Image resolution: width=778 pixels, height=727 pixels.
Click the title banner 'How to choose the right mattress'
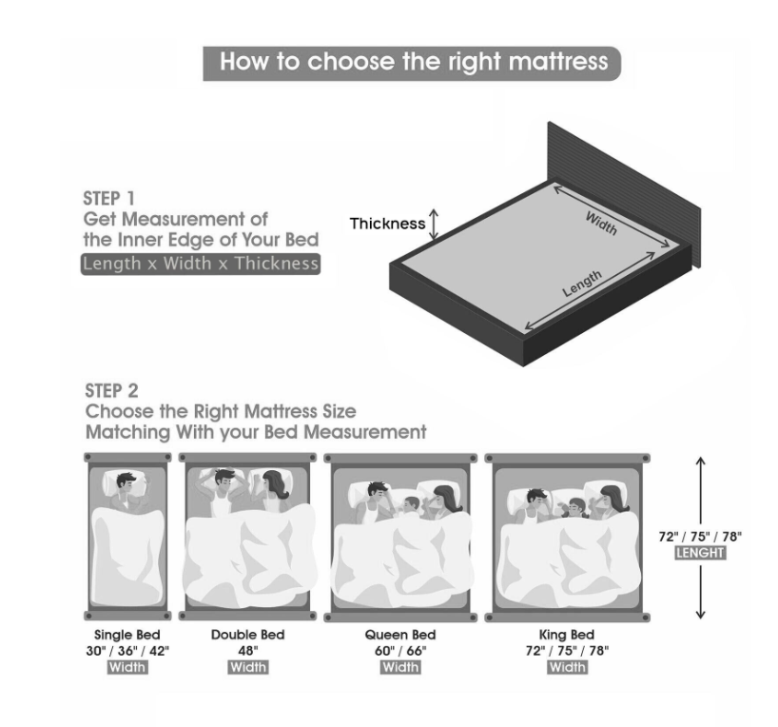click(x=412, y=64)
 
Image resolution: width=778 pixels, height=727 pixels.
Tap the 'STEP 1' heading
click(x=108, y=199)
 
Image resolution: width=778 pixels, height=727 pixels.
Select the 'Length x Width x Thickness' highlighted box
click(x=201, y=264)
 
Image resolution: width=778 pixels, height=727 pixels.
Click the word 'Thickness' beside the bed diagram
click(x=387, y=224)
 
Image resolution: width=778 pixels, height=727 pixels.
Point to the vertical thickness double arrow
click(x=434, y=224)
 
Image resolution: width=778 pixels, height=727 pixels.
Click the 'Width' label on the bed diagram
click(x=601, y=224)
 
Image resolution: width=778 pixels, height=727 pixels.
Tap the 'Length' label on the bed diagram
click(x=582, y=284)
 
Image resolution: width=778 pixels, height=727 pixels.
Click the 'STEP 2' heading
click(x=111, y=391)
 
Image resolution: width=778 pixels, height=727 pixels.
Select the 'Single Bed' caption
click(x=127, y=635)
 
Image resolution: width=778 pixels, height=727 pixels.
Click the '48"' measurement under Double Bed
click(x=248, y=651)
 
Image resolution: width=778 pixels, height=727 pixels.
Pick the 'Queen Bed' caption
click(x=400, y=635)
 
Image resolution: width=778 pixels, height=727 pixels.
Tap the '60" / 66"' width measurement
click(x=400, y=651)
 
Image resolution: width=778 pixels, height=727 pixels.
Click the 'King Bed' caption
click(x=567, y=635)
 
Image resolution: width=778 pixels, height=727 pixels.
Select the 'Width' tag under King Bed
click(x=568, y=667)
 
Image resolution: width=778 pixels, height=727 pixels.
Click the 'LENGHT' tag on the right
click(x=700, y=553)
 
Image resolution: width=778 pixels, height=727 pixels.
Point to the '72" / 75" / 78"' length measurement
click(x=700, y=537)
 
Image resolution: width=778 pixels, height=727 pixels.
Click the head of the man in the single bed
click(x=126, y=482)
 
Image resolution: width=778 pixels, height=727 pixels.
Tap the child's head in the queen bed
click(x=411, y=504)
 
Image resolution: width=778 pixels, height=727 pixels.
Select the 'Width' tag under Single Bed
click(x=127, y=667)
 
